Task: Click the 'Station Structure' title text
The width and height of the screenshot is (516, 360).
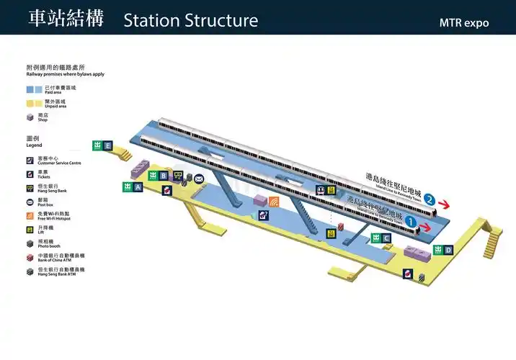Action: click(x=190, y=20)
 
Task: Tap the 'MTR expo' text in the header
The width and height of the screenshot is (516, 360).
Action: click(x=464, y=23)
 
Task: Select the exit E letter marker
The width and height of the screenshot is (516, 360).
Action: click(x=107, y=146)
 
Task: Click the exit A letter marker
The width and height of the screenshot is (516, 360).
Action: click(x=138, y=187)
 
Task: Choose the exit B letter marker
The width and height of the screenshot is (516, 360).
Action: click(x=164, y=176)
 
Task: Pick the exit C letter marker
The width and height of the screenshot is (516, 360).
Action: click(x=386, y=238)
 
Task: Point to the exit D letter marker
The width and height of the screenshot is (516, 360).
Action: click(x=448, y=251)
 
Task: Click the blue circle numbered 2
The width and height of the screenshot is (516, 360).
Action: click(x=430, y=199)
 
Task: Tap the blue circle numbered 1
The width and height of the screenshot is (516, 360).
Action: click(x=411, y=221)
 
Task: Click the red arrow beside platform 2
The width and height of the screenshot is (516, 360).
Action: click(x=448, y=203)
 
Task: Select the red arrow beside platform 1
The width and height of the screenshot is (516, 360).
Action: click(x=427, y=228)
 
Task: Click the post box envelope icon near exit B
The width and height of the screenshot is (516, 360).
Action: click(x=199, y=179)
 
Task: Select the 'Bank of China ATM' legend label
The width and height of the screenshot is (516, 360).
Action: click(x=61, y=258)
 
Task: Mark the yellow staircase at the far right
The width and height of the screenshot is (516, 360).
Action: click(x=494, y=237)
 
